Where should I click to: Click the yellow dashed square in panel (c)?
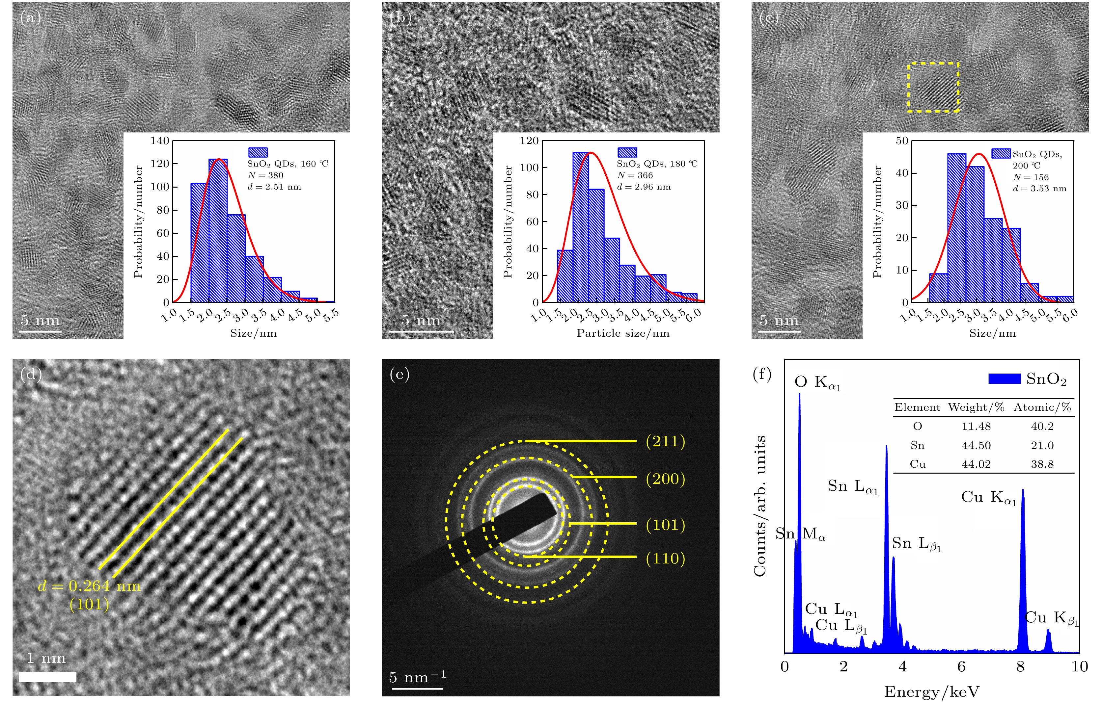point(933,87)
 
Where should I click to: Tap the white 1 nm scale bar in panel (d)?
point(48,676)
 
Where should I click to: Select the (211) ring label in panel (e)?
point(665,441)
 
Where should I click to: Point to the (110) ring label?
point(665,559)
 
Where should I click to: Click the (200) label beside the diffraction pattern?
point(665,479)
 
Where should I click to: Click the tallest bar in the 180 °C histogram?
point(580,227)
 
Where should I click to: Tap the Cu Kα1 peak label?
point(988,498)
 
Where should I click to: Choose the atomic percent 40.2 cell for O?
point(1042,426)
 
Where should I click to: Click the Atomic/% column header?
point(1042,407)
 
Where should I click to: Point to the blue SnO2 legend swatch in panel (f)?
point(1005,379)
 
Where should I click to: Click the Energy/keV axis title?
point(932,691)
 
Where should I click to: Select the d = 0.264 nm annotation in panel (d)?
point(89,586)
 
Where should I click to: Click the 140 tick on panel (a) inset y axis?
point(160,141)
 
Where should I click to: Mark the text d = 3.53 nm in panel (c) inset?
point(1040,189)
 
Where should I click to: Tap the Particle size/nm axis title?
point(623,333)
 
